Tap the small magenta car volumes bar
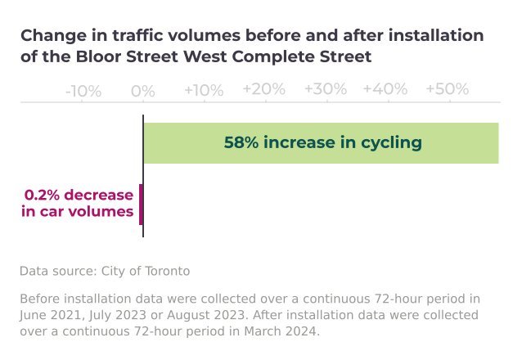pos(141,204)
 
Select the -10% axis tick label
pos(83,90)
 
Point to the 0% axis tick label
pos(143,90)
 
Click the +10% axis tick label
pos(203,90)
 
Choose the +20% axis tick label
pos(263,90)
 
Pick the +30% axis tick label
pos(325,90)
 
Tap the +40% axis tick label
pos(385,90)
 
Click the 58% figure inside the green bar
pos(241,143)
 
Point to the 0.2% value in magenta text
pos(43,196)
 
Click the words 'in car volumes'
pos(78,212)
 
